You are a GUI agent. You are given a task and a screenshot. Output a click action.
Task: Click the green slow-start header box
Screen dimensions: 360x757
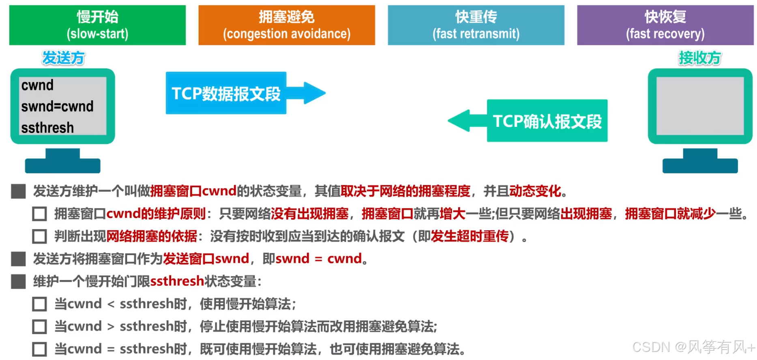97,25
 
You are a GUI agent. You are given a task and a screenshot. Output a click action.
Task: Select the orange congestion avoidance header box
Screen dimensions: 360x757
286,25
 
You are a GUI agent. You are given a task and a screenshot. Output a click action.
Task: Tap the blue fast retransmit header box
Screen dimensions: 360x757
476,25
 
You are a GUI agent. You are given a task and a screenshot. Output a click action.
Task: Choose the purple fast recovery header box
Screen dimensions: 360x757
665,25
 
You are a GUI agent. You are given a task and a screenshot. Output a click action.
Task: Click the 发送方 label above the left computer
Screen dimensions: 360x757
63,58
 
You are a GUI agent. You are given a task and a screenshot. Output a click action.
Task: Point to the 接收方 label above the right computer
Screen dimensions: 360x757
700,58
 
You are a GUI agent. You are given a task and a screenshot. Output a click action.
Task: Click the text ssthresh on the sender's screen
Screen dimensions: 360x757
47,128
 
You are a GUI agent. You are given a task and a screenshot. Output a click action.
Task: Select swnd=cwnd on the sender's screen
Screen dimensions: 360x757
57,106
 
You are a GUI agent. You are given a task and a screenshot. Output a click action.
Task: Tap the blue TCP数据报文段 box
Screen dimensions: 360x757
226,93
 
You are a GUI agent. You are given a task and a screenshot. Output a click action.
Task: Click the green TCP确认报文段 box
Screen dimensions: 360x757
547,121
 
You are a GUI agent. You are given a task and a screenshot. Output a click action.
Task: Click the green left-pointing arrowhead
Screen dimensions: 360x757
460,120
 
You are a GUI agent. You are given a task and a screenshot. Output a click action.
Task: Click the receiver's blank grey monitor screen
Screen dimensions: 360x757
700,106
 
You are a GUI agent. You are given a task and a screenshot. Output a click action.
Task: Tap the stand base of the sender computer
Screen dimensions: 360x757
62,165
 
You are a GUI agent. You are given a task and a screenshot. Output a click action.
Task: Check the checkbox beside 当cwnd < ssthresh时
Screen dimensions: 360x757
39,304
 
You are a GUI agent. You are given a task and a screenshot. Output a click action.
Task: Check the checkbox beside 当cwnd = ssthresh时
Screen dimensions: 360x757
39,349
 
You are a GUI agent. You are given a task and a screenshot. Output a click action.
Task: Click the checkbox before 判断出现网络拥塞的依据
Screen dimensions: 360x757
39,236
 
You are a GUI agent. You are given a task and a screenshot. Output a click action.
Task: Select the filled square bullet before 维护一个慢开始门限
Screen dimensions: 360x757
18,281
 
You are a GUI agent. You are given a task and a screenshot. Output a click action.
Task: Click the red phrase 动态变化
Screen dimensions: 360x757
535,191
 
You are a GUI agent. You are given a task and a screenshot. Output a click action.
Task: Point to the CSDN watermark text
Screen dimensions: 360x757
693,347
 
